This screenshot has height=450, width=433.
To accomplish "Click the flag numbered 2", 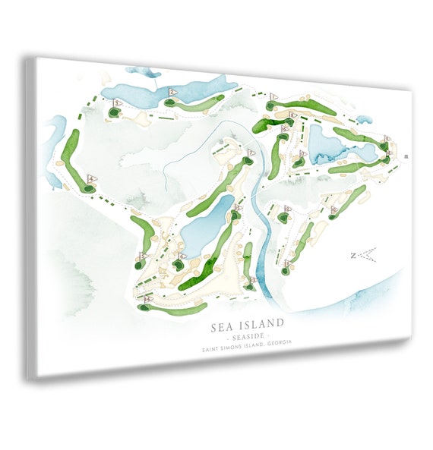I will (172, 91).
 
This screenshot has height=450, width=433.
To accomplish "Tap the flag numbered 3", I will (118, 102).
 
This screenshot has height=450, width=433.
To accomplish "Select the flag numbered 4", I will (92, 178).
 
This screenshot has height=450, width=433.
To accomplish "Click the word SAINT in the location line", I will (213, 348).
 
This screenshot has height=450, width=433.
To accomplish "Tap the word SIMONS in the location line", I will (236, 348).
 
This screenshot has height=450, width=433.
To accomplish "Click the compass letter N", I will (352, 256).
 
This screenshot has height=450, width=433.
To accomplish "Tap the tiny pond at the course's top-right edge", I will (365, 118).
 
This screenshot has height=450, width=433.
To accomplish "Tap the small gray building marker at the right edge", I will (407, 156).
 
